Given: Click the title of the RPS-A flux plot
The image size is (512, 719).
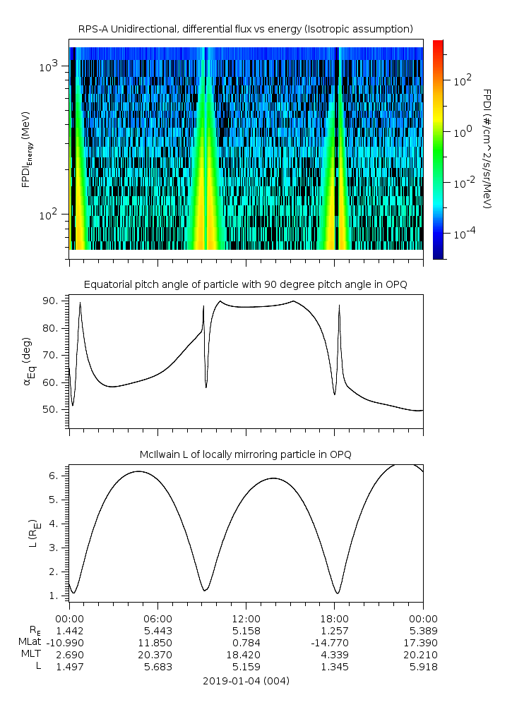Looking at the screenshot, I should [x=245, y=28].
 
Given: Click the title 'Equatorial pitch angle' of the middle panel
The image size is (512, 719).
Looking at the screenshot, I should [x=245, y=284].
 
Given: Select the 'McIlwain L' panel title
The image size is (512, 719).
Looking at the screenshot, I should [x=245, y=454].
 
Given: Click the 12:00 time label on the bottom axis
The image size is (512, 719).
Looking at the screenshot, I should [x=246, y=617].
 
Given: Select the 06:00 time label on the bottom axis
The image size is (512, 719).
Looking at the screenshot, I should [x=157, y=617].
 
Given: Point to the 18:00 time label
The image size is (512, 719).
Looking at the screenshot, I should [x=334, y=617].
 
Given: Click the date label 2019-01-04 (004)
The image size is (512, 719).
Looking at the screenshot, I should [x=245, y=681].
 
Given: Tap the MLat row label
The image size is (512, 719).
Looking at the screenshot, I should [x=31, y=642].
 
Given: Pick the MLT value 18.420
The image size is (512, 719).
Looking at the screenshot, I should [x=246, y=655].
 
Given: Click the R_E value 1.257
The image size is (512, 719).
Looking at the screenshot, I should [x=334, y=629].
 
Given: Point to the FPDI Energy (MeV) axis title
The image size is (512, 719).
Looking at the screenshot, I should [x=27, y=148].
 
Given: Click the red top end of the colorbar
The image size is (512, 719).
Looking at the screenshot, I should [x=438, y=44].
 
